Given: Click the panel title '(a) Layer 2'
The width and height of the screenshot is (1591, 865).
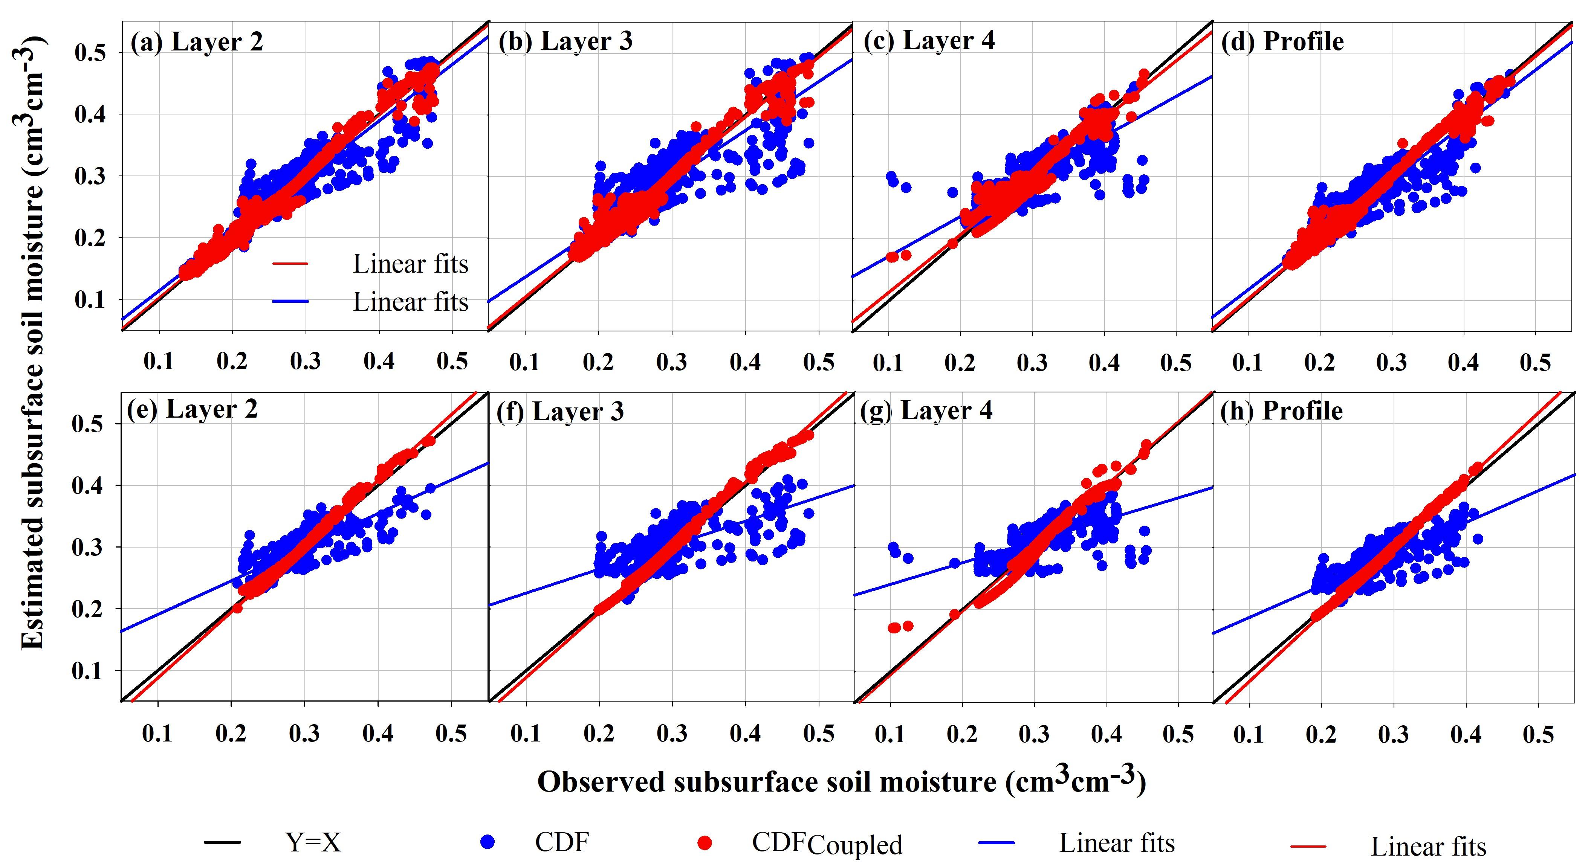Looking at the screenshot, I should coord(196,42).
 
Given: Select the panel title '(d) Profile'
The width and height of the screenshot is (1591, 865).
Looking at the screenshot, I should coord(1282,42).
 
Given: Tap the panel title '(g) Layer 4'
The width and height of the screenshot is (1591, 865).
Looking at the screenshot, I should coord(926,410).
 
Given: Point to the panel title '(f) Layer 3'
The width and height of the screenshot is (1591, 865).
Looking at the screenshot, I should coord(559,412).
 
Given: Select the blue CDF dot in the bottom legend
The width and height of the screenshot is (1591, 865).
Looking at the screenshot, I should coord(488,842).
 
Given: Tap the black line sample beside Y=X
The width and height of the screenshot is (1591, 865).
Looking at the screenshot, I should coord(222,842).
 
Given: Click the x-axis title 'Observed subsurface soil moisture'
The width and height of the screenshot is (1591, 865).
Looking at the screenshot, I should coord(841,782).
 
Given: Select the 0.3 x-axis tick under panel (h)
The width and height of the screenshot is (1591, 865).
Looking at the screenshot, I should coord(1393,734).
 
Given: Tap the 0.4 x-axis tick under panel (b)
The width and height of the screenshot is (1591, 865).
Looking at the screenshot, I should coord(745,362).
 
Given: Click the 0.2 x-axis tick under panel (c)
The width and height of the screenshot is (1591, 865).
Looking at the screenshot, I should coord(960,362).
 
